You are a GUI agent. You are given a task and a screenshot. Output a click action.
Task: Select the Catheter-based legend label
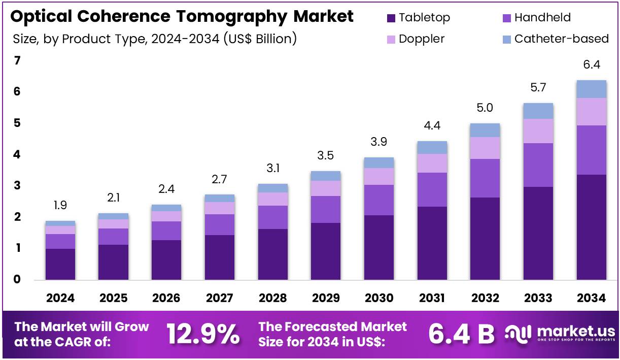point(561,39)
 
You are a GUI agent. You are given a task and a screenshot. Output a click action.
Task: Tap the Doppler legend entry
point(422,39)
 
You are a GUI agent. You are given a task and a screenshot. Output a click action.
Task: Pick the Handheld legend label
point(542,18)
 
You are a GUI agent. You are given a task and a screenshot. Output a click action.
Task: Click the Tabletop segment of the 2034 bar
point(592,227)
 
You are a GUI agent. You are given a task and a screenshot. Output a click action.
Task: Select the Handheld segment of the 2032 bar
point(485,178)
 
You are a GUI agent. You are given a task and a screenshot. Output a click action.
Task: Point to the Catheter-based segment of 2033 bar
point(538,111)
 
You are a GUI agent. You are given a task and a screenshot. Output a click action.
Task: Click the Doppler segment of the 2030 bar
point(379,176)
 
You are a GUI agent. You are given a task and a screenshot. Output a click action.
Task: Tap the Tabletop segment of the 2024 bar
point(60,264)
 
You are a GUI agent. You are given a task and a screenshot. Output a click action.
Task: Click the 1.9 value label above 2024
point(60,206)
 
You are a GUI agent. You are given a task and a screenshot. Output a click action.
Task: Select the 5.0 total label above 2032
point(485,108)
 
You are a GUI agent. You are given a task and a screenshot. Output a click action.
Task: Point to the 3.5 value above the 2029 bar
point(326,155)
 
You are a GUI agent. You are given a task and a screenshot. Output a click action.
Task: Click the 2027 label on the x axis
point(219,298)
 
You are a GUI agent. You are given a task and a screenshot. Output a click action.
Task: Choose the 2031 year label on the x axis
point(432,298)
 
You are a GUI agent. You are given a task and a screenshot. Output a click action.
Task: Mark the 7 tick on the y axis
point(17,61)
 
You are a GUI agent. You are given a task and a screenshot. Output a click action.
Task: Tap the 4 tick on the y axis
point(17,154)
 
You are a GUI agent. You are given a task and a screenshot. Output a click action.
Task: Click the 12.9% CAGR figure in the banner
point(203,334)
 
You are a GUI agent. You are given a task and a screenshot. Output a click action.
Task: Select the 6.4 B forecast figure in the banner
point(461,334)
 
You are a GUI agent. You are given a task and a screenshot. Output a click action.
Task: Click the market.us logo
point(560,334)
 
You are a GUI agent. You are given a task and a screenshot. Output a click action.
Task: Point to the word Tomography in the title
point(233,16)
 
